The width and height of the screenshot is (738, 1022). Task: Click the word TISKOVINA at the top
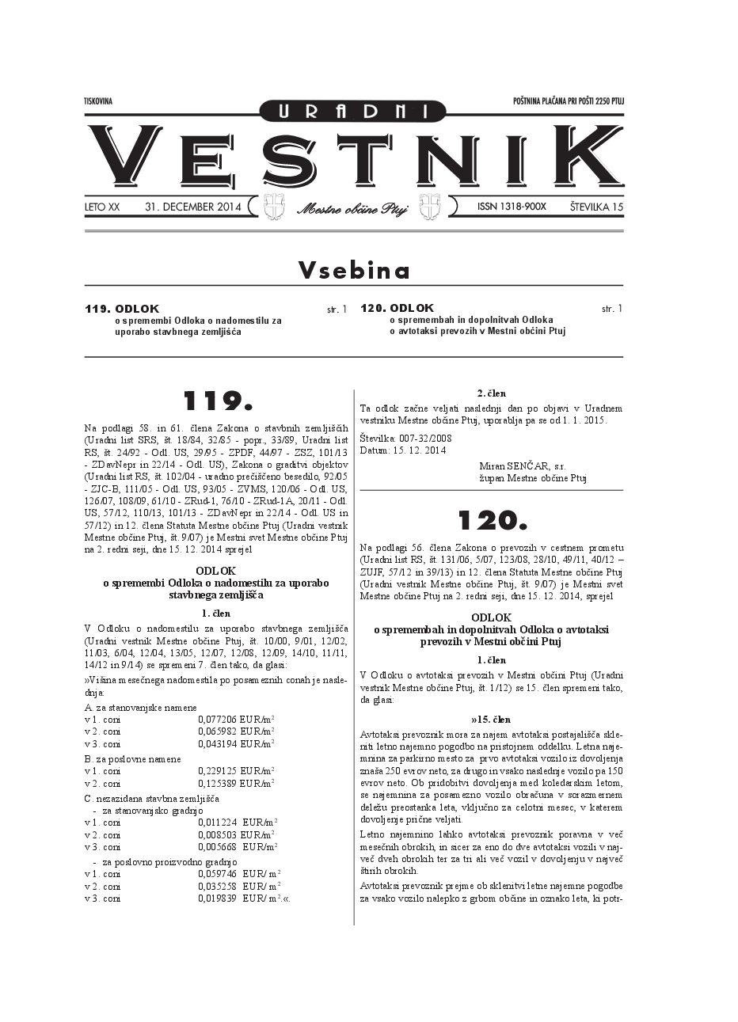point(98,101)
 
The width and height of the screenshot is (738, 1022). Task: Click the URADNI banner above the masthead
point(353,112)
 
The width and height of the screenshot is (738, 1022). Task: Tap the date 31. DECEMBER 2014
point(192,207)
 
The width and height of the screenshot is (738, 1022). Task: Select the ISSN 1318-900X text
point(512,207)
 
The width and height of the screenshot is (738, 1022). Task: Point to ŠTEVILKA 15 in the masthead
point(596,207)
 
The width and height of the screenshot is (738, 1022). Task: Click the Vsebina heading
point(354,271)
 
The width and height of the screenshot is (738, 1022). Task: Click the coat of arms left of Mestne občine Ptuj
point(274,206)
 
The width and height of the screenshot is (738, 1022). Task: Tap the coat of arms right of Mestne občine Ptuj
point(429,206)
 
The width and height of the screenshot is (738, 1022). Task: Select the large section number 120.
point(492,520)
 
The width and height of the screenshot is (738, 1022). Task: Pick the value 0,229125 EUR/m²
point(235,771)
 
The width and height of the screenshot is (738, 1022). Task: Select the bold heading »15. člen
point(491,720)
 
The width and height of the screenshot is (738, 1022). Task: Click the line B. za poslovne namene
point(132,758)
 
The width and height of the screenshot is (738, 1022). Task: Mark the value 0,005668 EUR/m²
point(235,847)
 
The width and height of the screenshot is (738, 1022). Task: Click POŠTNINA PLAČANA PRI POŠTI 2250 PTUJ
point(568,101)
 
